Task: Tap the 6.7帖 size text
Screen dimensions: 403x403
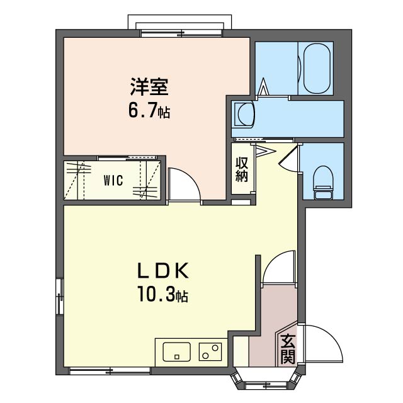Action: (149, 112)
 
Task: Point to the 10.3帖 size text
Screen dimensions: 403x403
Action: (163, 294)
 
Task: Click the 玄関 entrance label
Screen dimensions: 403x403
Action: (288, 350)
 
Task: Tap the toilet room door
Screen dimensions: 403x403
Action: (288, 157)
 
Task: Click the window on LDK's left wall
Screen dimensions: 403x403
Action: (60, 296)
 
